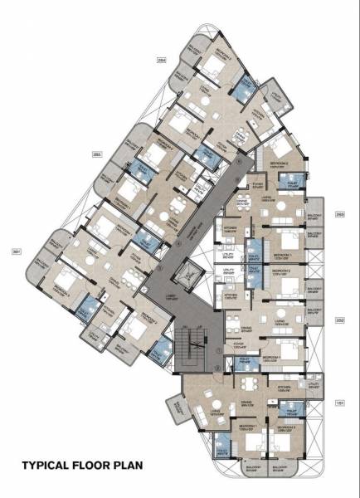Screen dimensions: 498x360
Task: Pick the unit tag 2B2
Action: (x=339, y=319)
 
